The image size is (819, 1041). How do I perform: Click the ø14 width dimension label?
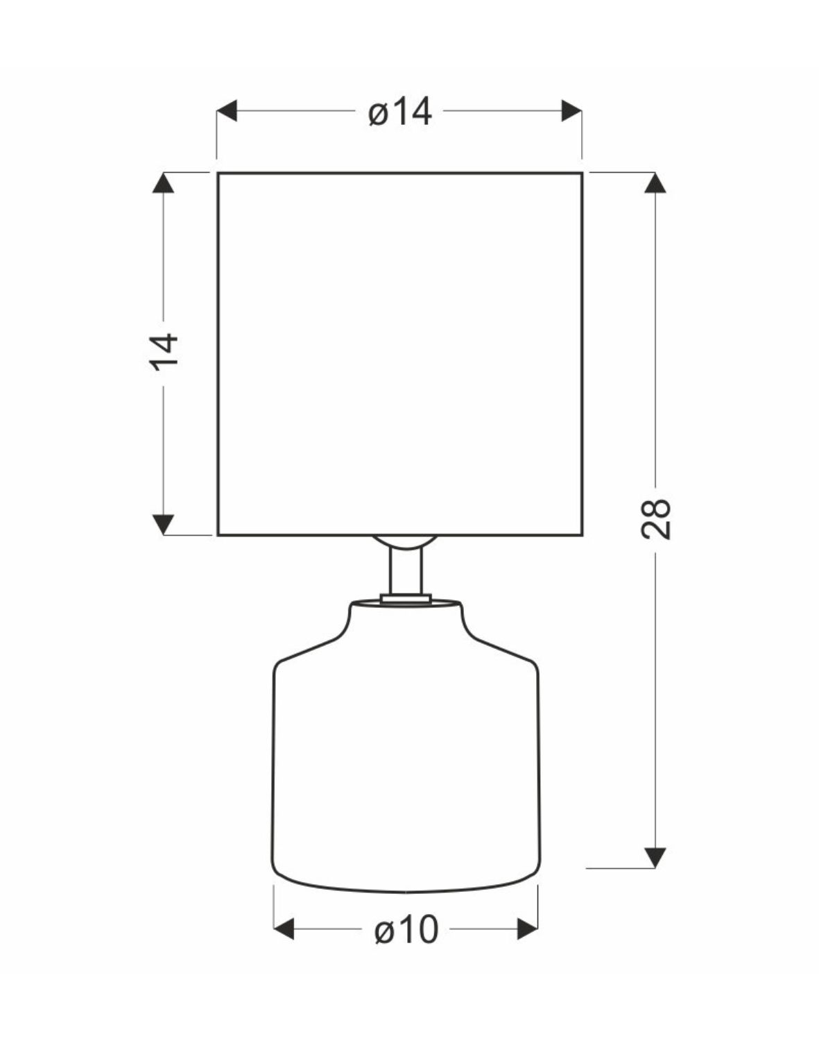(400, 112)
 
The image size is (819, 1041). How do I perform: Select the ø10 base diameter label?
(406, 930)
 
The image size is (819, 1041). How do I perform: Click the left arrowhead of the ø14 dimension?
(227, 111)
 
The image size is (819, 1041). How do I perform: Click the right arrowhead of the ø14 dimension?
(571, 111)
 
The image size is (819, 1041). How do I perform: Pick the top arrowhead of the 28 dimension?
(655, 183)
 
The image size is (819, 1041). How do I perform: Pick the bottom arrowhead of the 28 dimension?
(655, 858)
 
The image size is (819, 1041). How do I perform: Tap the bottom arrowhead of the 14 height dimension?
(163, 525)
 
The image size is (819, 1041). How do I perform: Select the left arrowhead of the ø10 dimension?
(284, 929)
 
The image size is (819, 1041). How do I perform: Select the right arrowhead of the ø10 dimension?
(528, 929)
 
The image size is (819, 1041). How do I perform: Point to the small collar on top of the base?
(406, 598)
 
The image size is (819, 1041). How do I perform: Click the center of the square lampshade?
(400, 354)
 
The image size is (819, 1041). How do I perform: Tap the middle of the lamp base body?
(406, 763)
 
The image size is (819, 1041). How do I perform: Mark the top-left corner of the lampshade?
(218, 173)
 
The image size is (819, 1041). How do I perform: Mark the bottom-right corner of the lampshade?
(582, 535)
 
